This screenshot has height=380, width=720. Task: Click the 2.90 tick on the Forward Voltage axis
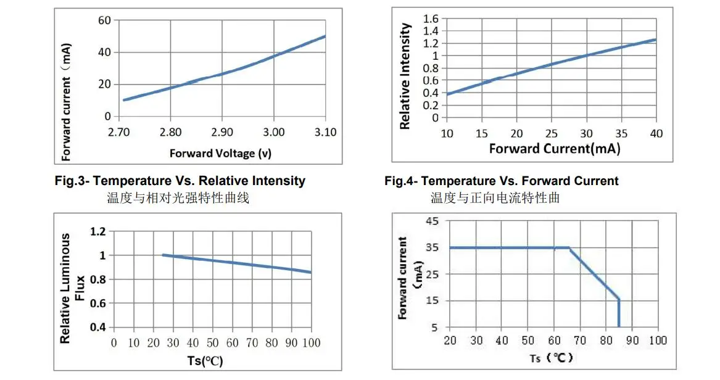(221, 132)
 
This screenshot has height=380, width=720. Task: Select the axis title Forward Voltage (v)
(220, 153)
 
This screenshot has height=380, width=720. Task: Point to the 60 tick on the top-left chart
(104, 20)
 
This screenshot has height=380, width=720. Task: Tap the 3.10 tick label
(325, 132)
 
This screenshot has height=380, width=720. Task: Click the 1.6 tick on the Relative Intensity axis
(431, 19)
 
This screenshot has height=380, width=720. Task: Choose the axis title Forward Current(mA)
(554, 149)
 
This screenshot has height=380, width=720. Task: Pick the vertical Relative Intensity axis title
(405, 76)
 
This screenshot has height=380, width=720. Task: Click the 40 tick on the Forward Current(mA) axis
(656, 133)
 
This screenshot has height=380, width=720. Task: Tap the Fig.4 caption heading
(501, 181)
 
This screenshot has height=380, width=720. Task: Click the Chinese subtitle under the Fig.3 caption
(178, 198)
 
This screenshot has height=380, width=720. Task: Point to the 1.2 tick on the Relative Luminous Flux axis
(99, 231)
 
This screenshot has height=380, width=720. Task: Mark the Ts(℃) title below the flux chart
(205, 361)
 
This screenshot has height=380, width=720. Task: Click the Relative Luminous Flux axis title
(72, 288)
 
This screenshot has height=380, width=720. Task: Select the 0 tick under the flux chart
(114, 343)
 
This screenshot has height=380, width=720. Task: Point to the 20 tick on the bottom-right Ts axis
(450, 341)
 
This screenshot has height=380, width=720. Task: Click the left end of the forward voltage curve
(124, 100)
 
